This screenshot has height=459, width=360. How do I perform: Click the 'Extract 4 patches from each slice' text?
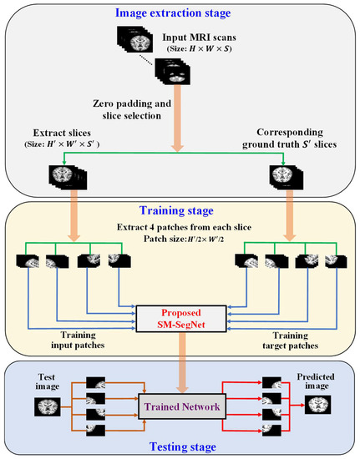tap(180, 225)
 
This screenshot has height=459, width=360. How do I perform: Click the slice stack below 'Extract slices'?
tap(63, 178)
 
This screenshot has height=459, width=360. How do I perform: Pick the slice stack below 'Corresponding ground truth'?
tap(286, 178)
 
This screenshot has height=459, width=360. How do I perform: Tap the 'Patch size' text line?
tap(180, 236)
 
